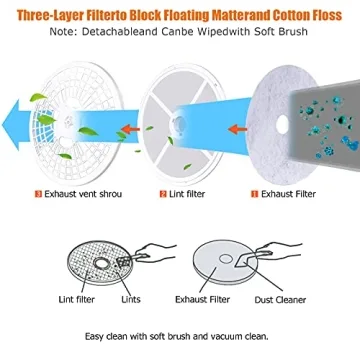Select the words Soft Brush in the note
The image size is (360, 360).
click(289, 34)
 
